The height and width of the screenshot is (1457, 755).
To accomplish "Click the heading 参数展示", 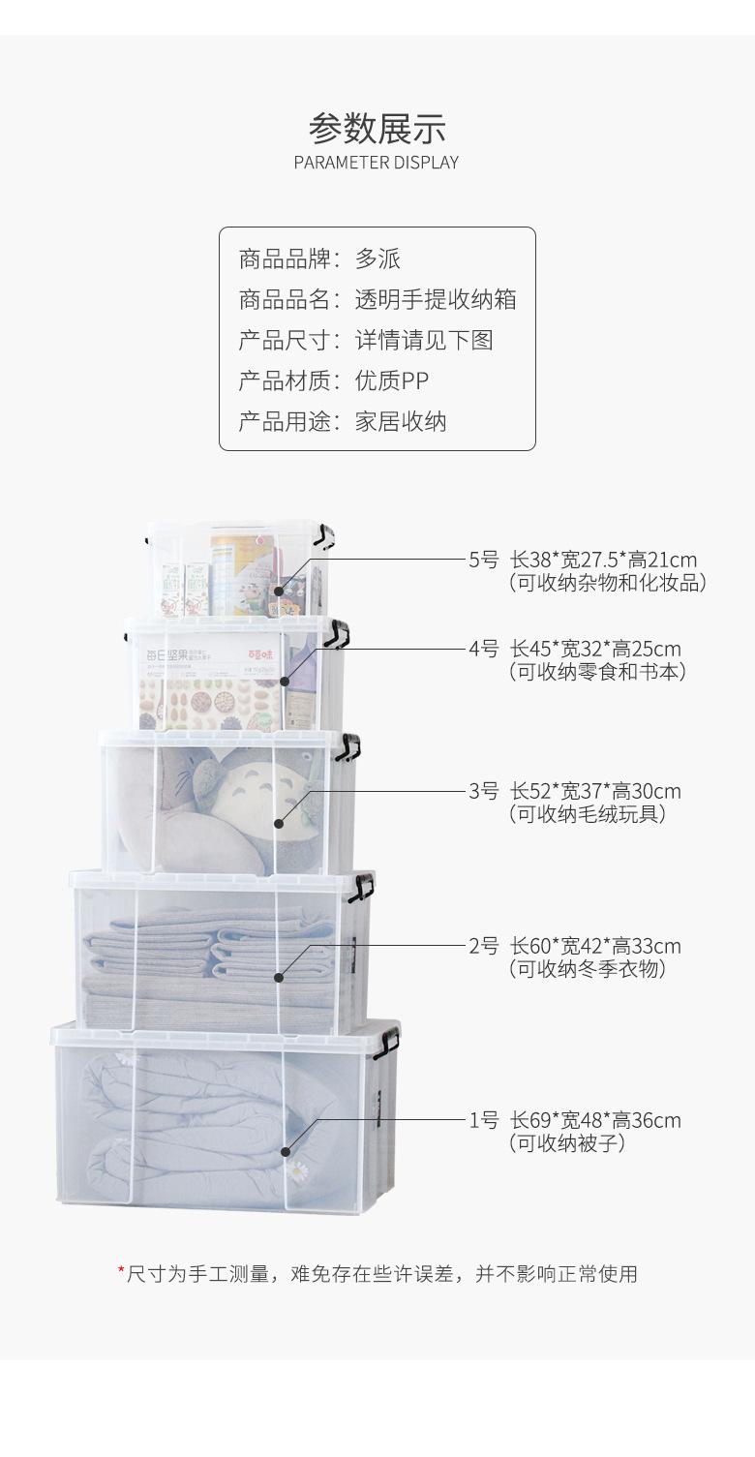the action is pyautogui.click(x=377, y=128).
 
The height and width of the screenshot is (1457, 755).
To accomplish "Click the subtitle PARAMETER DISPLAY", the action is pyautogui.click(x=377, y=163).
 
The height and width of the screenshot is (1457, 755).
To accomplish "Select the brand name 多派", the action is pyautogui.click(x=377, y=259).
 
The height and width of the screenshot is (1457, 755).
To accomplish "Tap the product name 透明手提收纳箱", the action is pyautogui.click(x=436, y=300).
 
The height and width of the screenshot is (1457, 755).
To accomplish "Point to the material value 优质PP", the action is pyautogui.click(x=391, y=381).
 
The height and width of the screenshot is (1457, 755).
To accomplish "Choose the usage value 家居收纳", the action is pyautogui.click(x=401, y=422).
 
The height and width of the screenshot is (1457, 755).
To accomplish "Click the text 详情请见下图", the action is pyautogui.click(x=424, y=341).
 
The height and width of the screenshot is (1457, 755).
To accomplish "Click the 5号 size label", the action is pyautogui.click(x=483, y=560).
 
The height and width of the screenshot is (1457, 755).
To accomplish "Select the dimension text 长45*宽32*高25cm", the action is pyautogui.click(x=595, y=649).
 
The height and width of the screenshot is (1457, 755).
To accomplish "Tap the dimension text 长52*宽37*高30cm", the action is pyautogui.click(x=595, y=791).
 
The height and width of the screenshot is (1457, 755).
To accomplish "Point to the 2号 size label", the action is pyautogui.click(x=483, y=946).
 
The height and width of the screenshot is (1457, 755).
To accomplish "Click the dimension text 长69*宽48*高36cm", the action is pyautogui.click(x=595, y=1120).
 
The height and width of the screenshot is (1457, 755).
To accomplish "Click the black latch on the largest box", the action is pyautogui.click(x=387, y=1042).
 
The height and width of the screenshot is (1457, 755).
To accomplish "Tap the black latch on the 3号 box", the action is pyautogui.click(x=348, y=746).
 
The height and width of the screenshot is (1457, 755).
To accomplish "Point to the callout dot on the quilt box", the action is pyautogui.click(x=286, y=1151).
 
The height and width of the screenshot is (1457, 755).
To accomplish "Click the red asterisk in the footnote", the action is pyautogui.click(x=122, y=1271).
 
